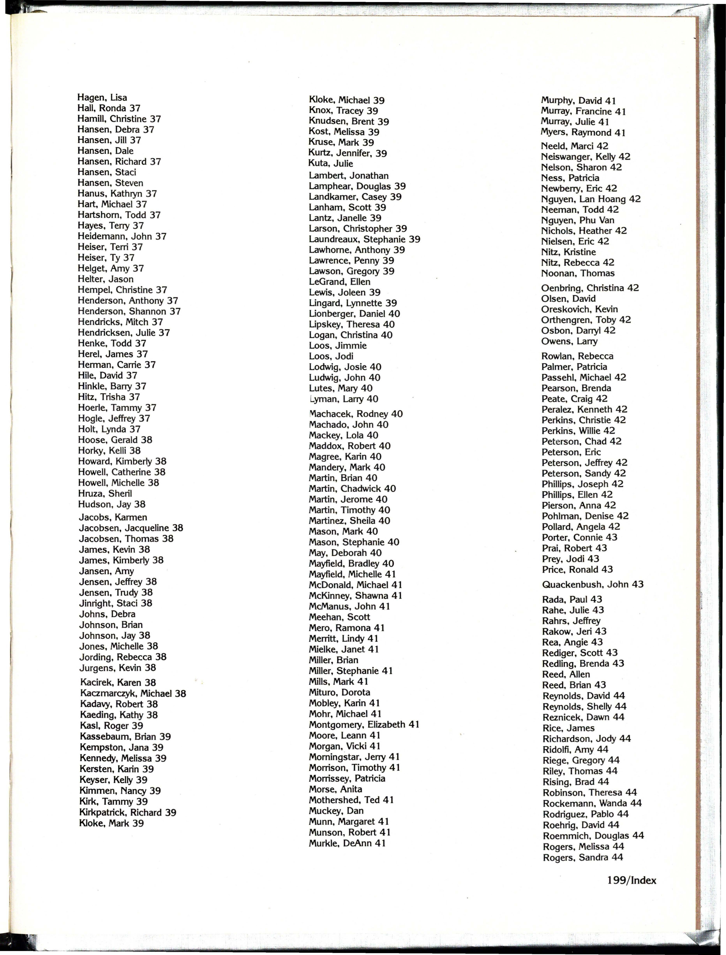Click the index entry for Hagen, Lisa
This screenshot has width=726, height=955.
tap(102, 98)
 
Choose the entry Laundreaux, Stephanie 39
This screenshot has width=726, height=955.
tap(364, 239)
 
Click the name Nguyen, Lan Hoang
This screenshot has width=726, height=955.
tap(590, 199)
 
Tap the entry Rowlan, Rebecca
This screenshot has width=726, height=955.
tap(577, 356)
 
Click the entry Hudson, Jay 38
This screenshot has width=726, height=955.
tap(111, 504)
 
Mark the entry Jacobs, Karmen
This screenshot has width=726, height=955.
tap(113, 517)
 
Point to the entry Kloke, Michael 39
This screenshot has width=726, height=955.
tap(347, 100)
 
